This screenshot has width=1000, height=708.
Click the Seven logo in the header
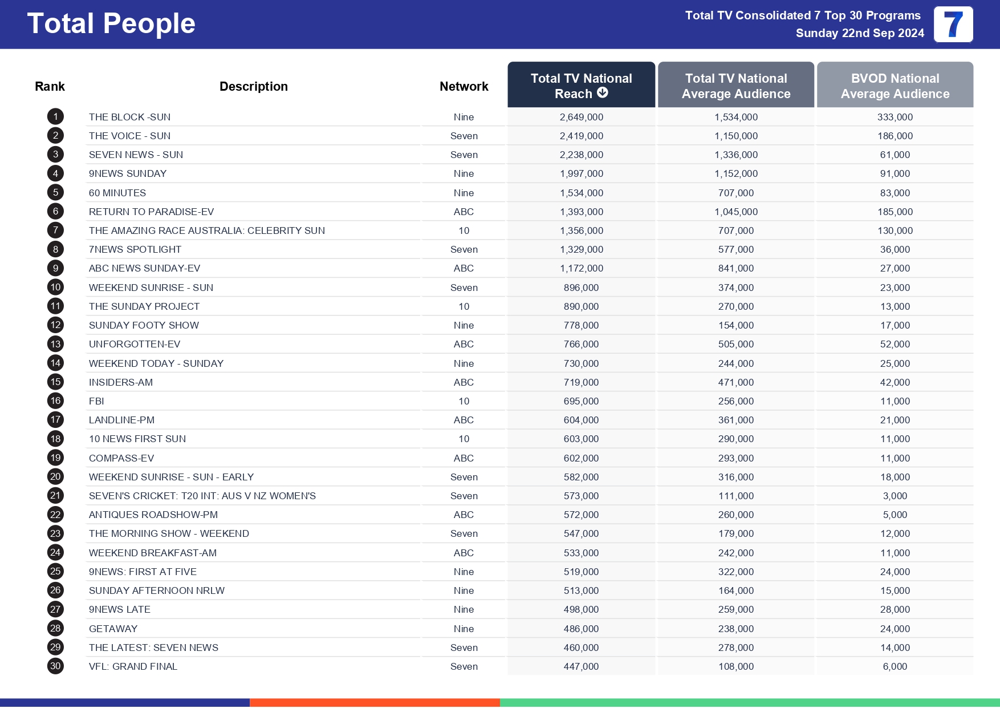point(953,25)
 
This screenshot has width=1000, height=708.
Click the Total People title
point(111,24)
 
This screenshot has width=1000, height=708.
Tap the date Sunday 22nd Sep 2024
point(859,33)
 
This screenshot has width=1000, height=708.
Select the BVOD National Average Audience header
point(895,86)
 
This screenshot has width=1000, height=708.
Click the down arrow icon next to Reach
point(602,93)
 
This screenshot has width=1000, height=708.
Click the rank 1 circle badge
point(55,117)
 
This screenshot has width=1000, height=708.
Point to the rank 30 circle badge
point(55,666)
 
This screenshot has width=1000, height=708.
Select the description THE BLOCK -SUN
point(129,117)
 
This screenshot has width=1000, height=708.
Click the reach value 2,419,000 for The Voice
point(581,136)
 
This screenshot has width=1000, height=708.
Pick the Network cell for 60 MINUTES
point(464,193)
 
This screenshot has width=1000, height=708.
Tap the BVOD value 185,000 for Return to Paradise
point(895,212)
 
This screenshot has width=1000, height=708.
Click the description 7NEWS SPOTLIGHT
point(135,249)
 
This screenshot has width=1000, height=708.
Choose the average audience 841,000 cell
point(735,268)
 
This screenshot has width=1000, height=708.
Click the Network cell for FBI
point(464,401)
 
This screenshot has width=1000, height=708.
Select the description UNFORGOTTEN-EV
point(134,344)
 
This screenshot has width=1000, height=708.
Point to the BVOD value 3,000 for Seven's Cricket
point(895,496)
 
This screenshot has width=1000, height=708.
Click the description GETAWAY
point(113,629)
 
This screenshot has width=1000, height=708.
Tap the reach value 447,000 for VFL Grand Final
point(581,666)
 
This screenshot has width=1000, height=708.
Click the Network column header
point(464,86)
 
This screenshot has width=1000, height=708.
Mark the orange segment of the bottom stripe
point(375,702)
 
